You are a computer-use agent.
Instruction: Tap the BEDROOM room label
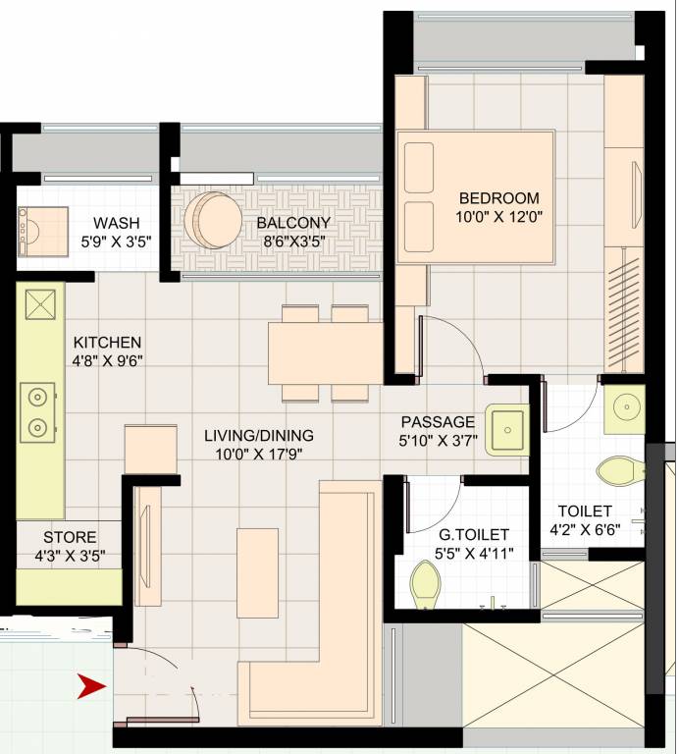coord(497,196)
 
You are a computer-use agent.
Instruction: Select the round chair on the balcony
coord(213,220)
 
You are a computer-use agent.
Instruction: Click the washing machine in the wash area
coord(40,231)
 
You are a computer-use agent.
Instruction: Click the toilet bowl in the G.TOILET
coord(427,587)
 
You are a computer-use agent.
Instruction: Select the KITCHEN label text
coord(108,343)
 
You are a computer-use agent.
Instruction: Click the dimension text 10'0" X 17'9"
coord(258,454)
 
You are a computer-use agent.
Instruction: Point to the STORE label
coord(70,537)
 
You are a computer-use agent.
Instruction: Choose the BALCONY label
coord(293,223)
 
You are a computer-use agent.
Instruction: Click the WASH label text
coord(116,223)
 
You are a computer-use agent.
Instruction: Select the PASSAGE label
coord(438,422)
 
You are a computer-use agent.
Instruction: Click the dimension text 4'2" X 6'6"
coord(585,530)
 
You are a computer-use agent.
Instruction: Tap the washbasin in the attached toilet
coord(623,407)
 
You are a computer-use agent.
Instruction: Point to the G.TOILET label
coord(474,535)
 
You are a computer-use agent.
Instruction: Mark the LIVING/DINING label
coord(258,435)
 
